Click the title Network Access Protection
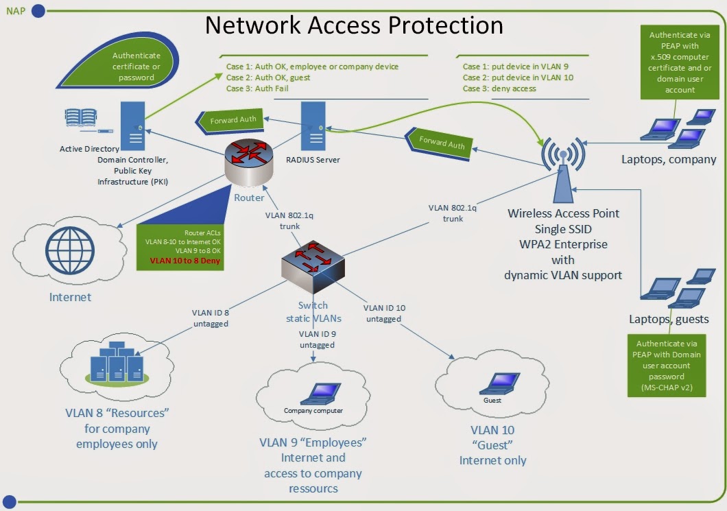pos(354,25)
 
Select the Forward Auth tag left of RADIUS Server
pos(230,121)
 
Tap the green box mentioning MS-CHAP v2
pos(669,366)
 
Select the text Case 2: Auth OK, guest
pos(268,78)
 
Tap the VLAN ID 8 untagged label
pos(210,318)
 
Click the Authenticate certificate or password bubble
pos(136,67)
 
